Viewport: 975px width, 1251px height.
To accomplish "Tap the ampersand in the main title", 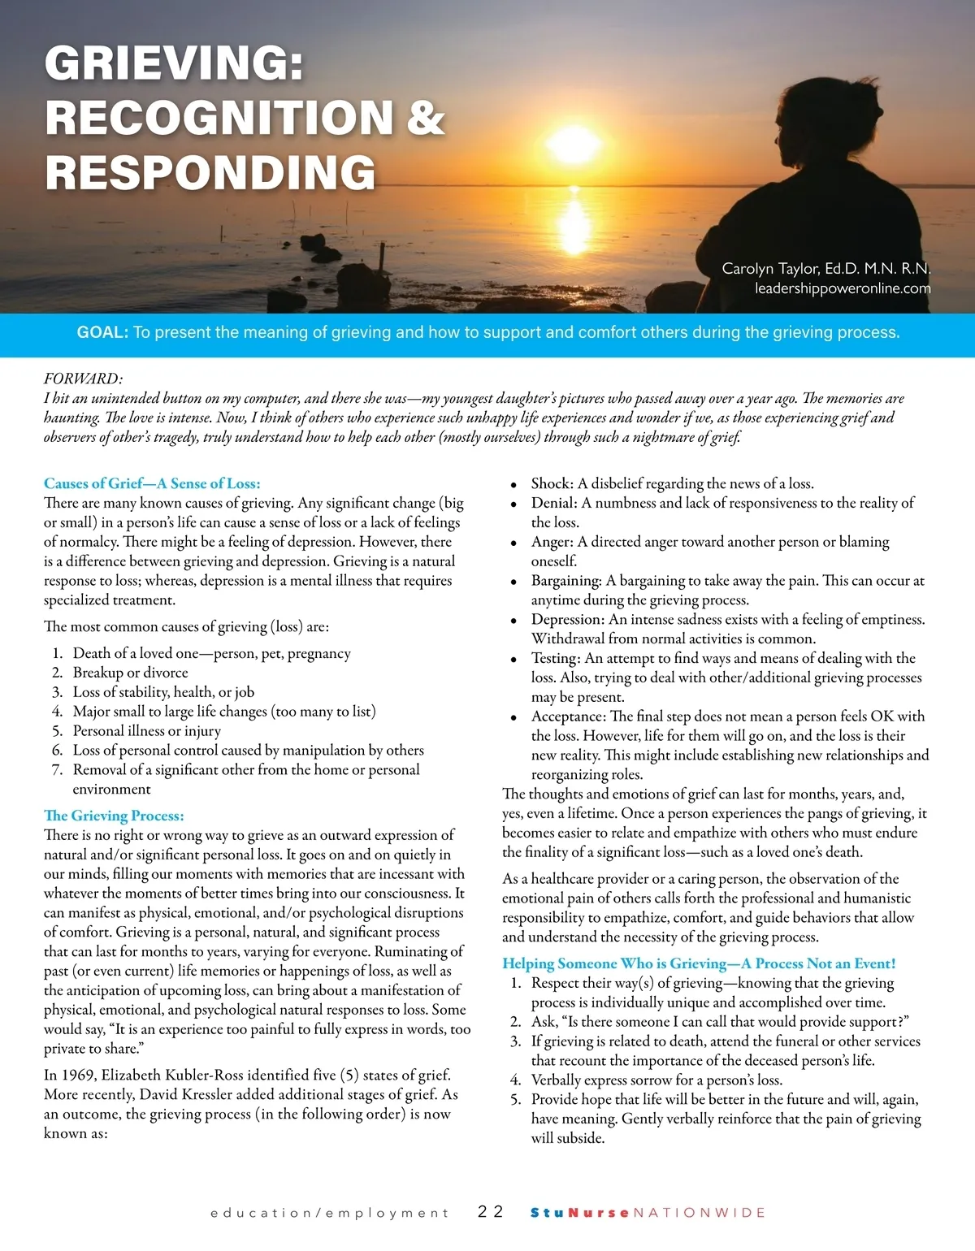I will click(x=426, y=117).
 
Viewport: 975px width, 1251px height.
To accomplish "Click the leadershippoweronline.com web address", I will click(x=843, y=288).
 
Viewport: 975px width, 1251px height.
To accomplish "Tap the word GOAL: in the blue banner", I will click(x=102, y=332).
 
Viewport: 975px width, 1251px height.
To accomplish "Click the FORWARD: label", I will click(x=84, y=379).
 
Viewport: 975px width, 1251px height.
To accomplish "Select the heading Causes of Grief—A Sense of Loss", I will click(x=152, y=483).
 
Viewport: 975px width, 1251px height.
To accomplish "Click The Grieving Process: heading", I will click(x=114, y=816).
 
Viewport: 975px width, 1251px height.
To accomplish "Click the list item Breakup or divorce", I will click(x=130, y=673).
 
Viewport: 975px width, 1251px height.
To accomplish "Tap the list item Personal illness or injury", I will click(x=146, y=731).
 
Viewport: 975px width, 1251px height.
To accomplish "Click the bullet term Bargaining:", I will click(x=566, y=581).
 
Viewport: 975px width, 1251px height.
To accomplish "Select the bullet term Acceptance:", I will click(x=568, y=716).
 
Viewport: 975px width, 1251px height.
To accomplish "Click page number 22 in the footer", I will click(x=491, y=1212).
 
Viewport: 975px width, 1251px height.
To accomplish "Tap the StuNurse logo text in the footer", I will click(x=580, y=1213).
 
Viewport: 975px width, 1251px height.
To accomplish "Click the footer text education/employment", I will click(x=329, y=1213).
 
